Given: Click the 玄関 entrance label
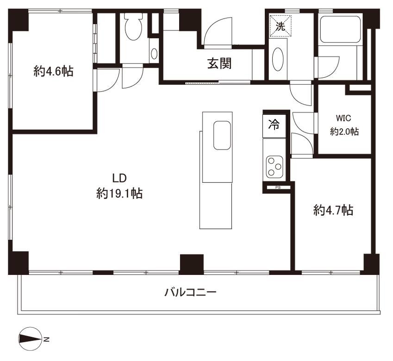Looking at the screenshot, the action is click(x=219, y=63).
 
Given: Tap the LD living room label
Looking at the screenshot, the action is click(x=119, y=178).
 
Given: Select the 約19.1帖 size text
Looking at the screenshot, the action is click(x=119, y=193).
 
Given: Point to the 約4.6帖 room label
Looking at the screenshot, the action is click(x=53, y=71).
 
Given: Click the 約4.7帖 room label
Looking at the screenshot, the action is click(x=333, y=210).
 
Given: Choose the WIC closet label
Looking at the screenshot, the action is click(x=343, y=118).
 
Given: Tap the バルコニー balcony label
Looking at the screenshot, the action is click(x=191, y=293).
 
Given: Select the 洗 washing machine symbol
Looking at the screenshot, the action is click(x=280, y=26).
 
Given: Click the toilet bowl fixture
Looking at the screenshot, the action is click(x=134, y=26).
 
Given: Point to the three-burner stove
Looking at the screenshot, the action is click(x=274, y=167).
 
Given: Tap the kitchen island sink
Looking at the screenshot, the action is click(x=222, y=135).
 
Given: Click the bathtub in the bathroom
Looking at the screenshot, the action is click(x=340, y=29).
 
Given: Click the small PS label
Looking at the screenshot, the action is click(x=278, y=187).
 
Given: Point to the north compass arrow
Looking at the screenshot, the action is click(x=30, y=339).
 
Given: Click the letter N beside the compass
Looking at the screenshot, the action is click(x=46, y=340).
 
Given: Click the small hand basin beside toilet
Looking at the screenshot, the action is click(x=154, y=54).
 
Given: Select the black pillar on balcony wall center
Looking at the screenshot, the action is click(x=192, y=264).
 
